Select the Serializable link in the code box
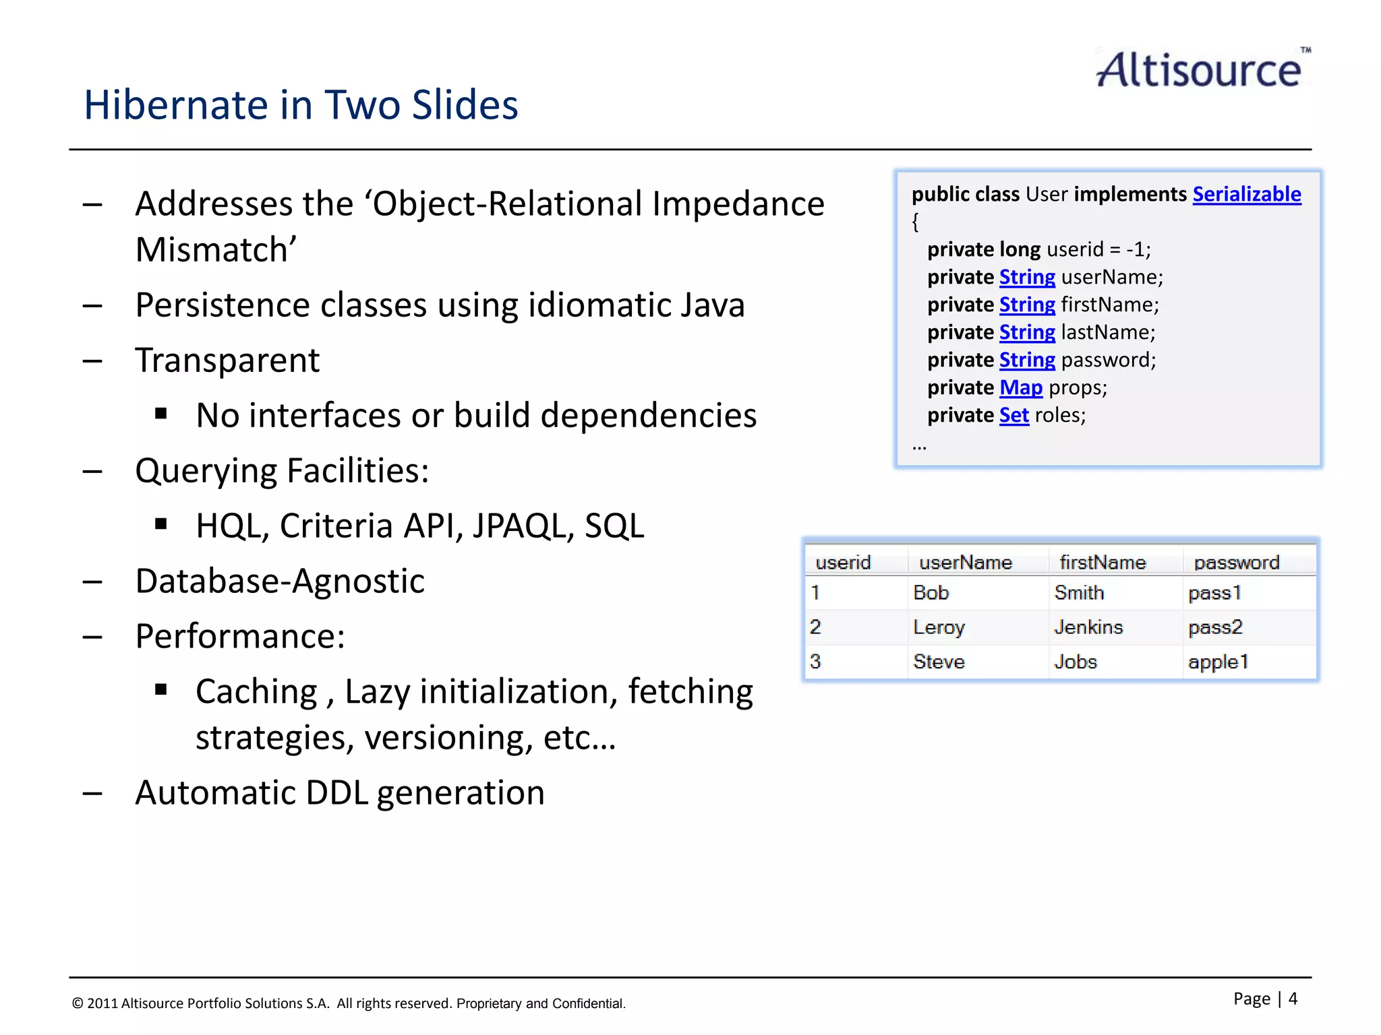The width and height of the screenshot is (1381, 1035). tap(1246, 194)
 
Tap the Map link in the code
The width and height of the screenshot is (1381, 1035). tap(1020, 387)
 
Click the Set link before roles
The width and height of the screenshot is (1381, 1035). tap(1013, 415)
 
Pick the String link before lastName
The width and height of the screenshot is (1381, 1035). tap(1026, 332)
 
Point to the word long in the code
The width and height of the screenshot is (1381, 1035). tap(1020, 249)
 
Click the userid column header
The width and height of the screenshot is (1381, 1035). tap(842, 562)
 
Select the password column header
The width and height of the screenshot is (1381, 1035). tap(1236, 562)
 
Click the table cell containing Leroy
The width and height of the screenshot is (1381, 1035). tap(939, 627)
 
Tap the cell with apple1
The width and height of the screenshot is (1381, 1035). tap(1218, 662)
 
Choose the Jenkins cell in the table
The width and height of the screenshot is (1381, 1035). tap(1088, 627)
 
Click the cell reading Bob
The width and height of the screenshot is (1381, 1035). tap(931, 593)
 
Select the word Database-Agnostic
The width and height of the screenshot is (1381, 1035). tap(280, 582)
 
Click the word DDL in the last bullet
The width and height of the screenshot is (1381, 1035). tap(336, 793)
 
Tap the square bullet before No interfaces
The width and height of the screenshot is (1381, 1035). tap(160, 414)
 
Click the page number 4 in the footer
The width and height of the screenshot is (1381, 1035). tap(1293, 998)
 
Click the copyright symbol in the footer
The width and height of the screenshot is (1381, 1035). tap(78, 1003)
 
